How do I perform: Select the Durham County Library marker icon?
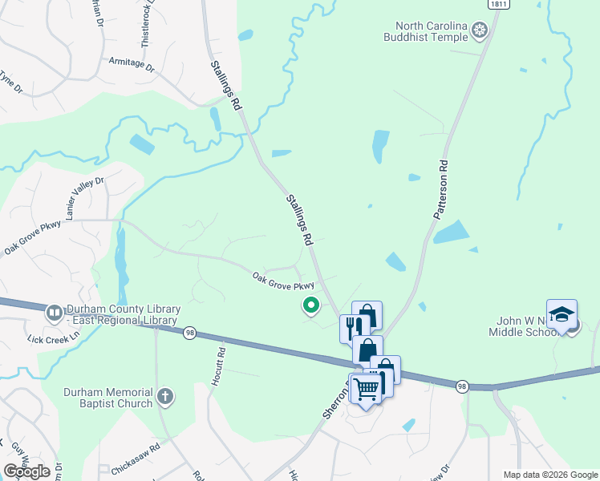tap(55, 311)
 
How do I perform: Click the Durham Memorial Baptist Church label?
tap(108, 398)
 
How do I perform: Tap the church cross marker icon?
tap(164, 396)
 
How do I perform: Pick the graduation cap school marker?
tap(562, 314)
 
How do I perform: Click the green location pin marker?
tap(310, 305)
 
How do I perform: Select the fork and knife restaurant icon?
tap(355, 327)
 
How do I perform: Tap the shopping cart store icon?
tap(366, 388)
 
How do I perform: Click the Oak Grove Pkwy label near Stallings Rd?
tap(283, 281)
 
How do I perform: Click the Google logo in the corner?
tap(26, 471)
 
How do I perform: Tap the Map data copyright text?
tap(549, 475)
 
